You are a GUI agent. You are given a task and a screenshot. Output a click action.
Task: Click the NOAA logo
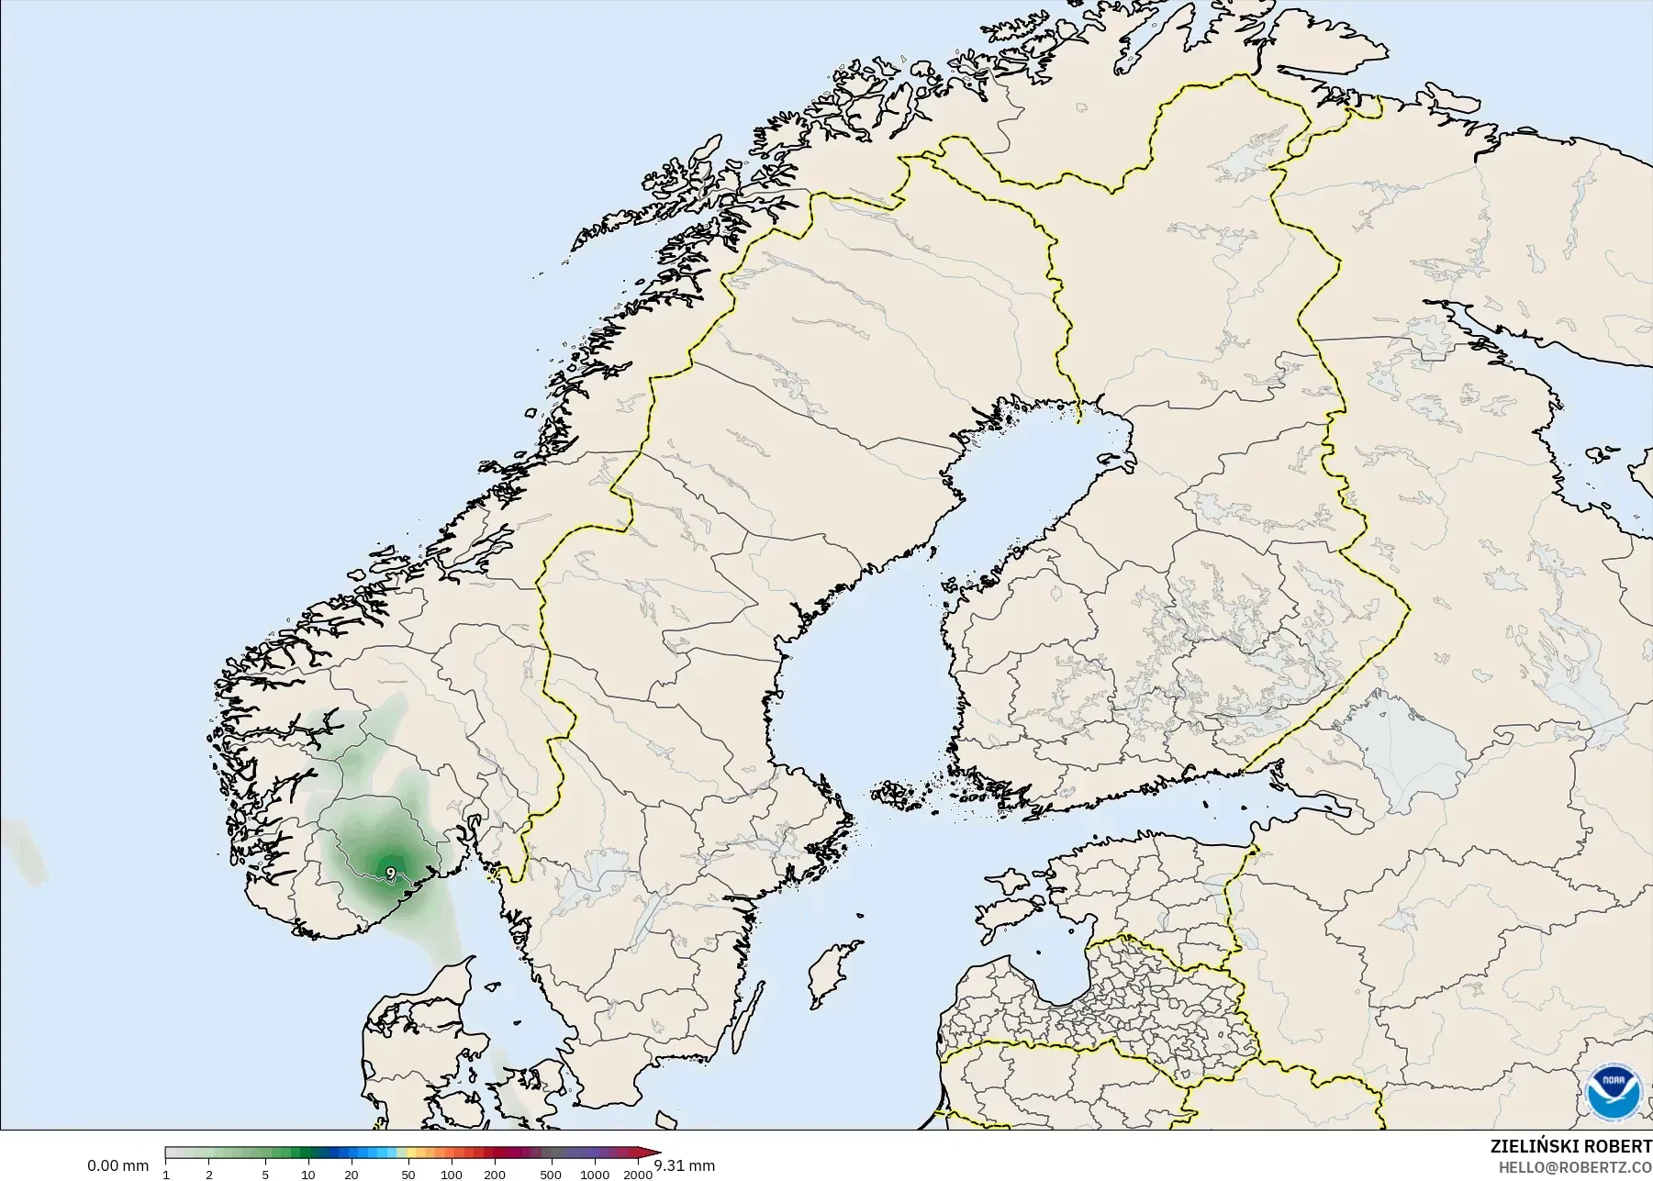coord(1613,1092)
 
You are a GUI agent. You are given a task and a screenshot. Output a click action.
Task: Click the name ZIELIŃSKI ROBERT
coord(1571,1147)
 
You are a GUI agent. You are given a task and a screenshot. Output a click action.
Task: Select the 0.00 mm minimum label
coord(117,1166)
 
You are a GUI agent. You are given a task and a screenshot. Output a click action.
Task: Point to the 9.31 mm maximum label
coord(684,1166)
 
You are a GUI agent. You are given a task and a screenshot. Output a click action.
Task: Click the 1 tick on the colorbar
coord(166,1175)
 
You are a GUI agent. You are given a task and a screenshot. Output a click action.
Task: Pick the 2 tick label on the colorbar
coord(209,1175)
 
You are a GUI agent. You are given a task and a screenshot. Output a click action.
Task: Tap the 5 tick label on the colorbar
coord(265,1175)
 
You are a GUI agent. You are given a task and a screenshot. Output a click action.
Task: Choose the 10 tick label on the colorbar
coord(308,1175)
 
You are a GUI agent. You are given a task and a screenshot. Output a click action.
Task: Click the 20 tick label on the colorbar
coord(351,1175)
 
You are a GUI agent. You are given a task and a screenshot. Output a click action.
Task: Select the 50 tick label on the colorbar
coord(408,1175)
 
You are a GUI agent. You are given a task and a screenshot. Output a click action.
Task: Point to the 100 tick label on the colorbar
coord(451,1175)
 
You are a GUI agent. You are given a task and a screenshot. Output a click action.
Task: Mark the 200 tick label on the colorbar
coord(494,1175)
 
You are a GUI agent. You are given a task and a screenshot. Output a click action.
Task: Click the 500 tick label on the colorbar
coord(551,1175)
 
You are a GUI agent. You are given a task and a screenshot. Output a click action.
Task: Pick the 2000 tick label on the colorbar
coord(637,1175)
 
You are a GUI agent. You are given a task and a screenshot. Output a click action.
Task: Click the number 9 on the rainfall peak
coord(391,872)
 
